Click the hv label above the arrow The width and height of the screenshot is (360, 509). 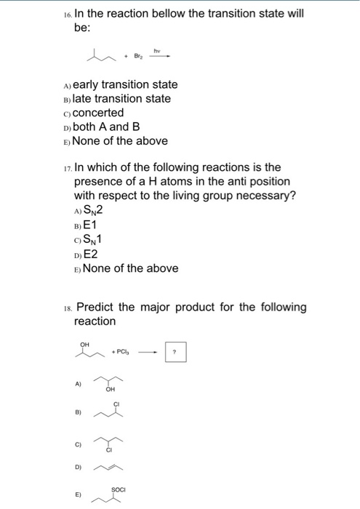coord(156,48)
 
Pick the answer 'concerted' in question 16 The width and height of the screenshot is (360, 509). coord(99,113)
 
